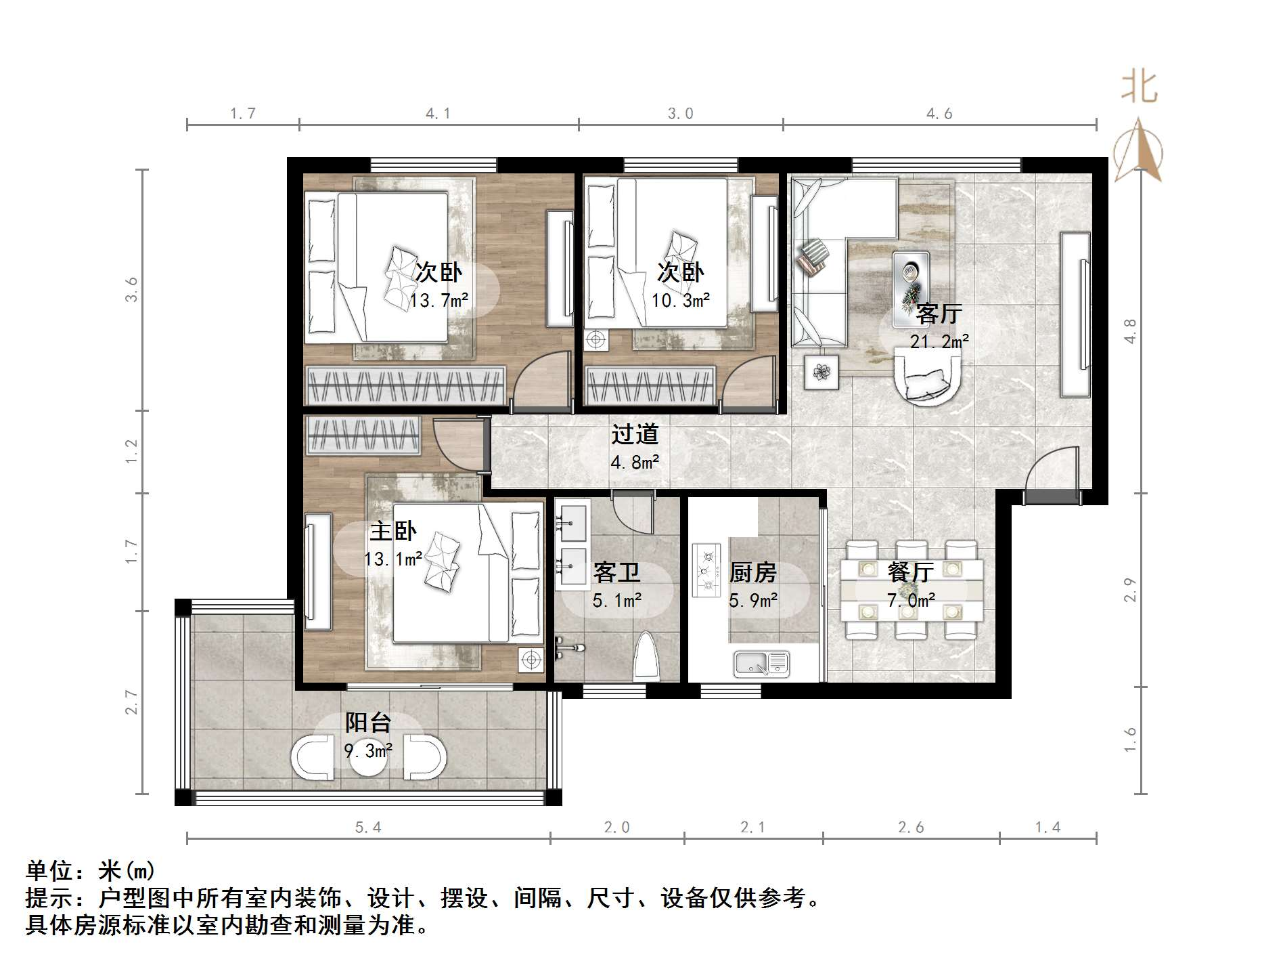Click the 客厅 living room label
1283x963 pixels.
939,314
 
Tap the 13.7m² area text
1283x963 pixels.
438,300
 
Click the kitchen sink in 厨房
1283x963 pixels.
762,664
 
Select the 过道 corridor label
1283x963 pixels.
635,434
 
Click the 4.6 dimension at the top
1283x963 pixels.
939,114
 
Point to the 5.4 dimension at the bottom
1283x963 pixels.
368,828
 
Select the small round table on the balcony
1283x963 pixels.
368,758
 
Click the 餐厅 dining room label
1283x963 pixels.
910,572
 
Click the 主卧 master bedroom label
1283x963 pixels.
392,531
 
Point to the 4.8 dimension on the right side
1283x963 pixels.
1130,332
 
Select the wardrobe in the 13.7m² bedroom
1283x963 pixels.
405,386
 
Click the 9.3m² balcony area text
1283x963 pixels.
368,751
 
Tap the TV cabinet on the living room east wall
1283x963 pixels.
1075,315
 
